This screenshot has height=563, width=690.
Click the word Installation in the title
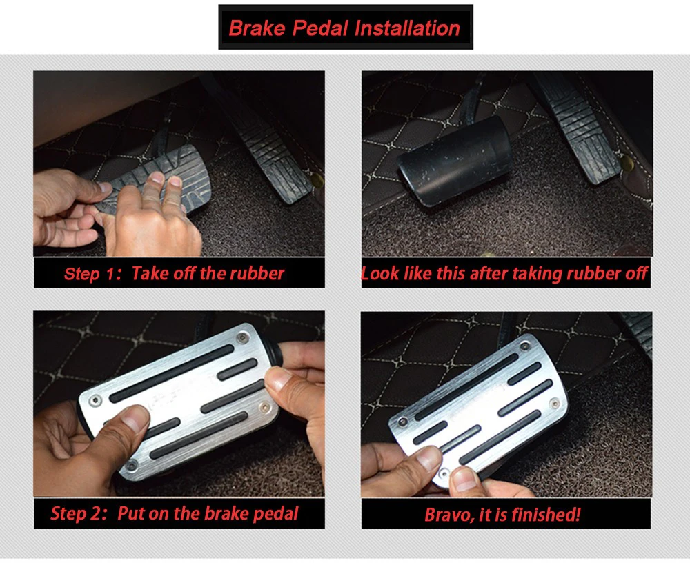click(x=407, y=28)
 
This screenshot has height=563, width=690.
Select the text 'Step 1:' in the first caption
click(x=92, y=274)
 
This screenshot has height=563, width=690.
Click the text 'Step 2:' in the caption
click(x=79, y=513)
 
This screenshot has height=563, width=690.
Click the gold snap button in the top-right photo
click(x=627, y=162)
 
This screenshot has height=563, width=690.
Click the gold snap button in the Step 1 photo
click(x=317, y=179)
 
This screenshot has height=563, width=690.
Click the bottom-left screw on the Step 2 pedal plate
click(x=132, y=465)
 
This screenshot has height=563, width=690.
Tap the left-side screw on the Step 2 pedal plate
click(x=95, y=401)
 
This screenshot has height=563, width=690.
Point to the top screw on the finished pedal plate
click(x=524, y=346)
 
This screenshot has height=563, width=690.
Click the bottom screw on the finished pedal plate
click(x=444, y=473)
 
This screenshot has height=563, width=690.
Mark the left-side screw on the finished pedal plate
click(x=403, y=422)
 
